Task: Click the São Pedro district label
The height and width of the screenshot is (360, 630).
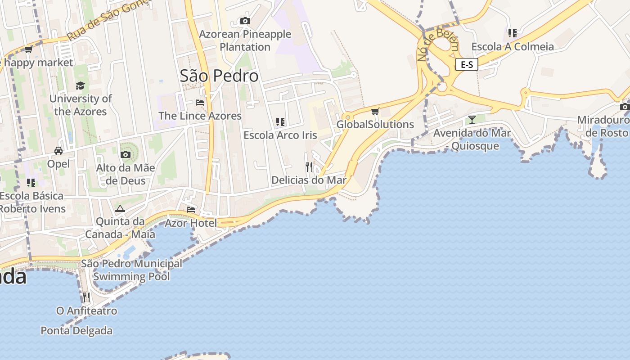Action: point(219,76)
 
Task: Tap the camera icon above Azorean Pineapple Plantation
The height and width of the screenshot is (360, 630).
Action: point(245,21)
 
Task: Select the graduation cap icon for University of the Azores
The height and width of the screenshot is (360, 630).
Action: point(80,85)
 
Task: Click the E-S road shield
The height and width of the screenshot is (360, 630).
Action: point(467,64)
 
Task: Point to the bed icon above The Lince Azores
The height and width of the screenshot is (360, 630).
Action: point(200,103)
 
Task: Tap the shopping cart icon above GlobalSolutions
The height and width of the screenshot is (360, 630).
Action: point(375,111)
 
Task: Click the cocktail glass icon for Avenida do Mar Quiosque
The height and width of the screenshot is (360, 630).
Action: point(472,120)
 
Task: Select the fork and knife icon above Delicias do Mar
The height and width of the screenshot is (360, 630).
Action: point(309,167)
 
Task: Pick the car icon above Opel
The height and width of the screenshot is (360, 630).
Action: point(58,150)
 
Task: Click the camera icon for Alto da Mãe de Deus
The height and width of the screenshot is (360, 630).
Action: point(126,155)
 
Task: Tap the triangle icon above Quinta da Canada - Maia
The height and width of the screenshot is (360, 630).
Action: point(120,208)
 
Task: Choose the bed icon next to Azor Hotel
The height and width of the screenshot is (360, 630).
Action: point(191,210)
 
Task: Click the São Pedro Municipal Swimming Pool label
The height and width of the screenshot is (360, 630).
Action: point(131,270)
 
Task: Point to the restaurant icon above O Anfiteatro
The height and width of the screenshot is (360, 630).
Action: point(86,297)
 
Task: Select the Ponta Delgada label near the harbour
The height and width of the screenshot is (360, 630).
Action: point(76,331)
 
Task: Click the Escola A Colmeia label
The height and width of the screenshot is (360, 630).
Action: point(513,47)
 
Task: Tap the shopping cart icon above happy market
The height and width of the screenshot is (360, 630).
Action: point(28,49)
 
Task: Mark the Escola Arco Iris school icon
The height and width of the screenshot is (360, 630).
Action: point(280,122)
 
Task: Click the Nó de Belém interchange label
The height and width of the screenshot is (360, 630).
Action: point(438,46)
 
